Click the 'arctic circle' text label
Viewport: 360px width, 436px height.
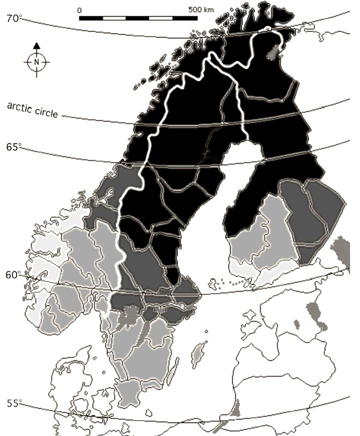pos(32,110)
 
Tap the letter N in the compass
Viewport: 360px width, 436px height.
pos(36,62)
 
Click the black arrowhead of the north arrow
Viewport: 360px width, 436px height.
pos(36,46)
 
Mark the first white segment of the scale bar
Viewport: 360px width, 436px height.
pos(114,18)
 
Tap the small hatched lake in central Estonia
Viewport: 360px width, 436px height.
pos(296,324)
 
